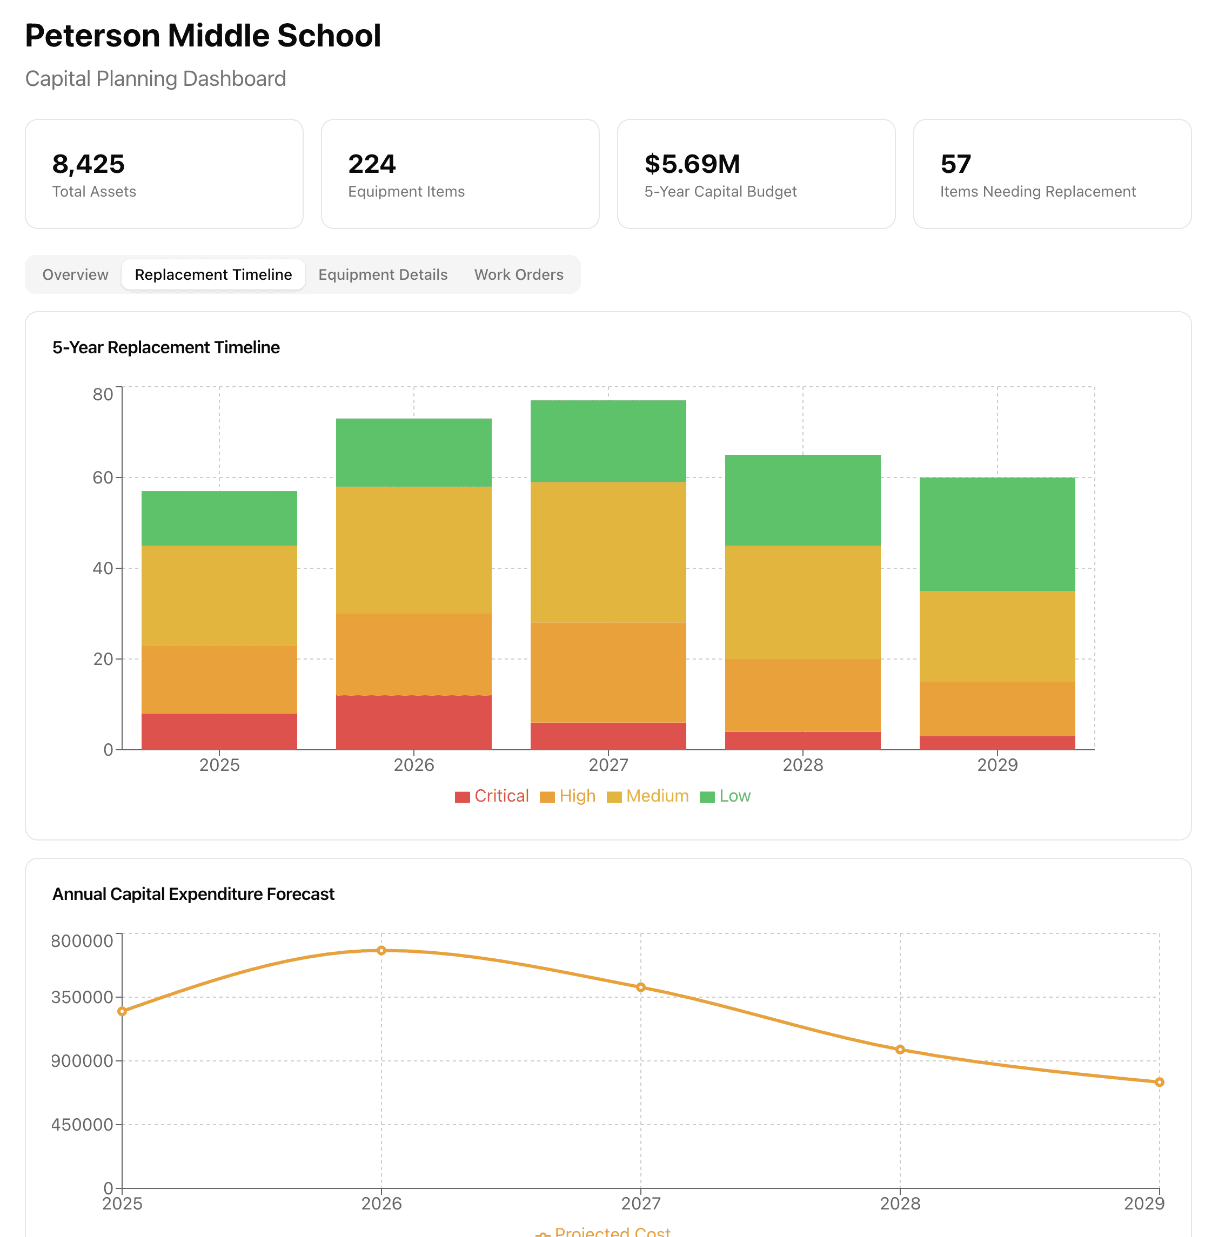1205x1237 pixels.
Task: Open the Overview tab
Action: tap(75, 274)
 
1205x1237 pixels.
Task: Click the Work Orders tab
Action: tap(518, 274)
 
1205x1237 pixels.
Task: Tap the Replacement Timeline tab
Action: tap(213, 274)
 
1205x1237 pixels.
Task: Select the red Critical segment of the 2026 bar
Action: tap(413, 722)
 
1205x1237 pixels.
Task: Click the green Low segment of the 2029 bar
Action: tap(997, 534)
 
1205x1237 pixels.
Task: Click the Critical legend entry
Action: tap(492, 796)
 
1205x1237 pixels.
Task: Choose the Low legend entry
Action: tap(725, 796)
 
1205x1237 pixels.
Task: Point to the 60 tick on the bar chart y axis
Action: tap(103, 478)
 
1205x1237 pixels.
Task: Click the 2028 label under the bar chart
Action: tap(802, 765)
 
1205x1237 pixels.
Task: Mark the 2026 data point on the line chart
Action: tap(381, 950)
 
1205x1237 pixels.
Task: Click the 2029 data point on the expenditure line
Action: tap(1159, 1082)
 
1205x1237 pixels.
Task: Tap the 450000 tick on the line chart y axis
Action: tap(82, 1124)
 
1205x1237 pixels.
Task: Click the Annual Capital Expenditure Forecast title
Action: tap(193, 894)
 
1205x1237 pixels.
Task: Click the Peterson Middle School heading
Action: tap(203, 36)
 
